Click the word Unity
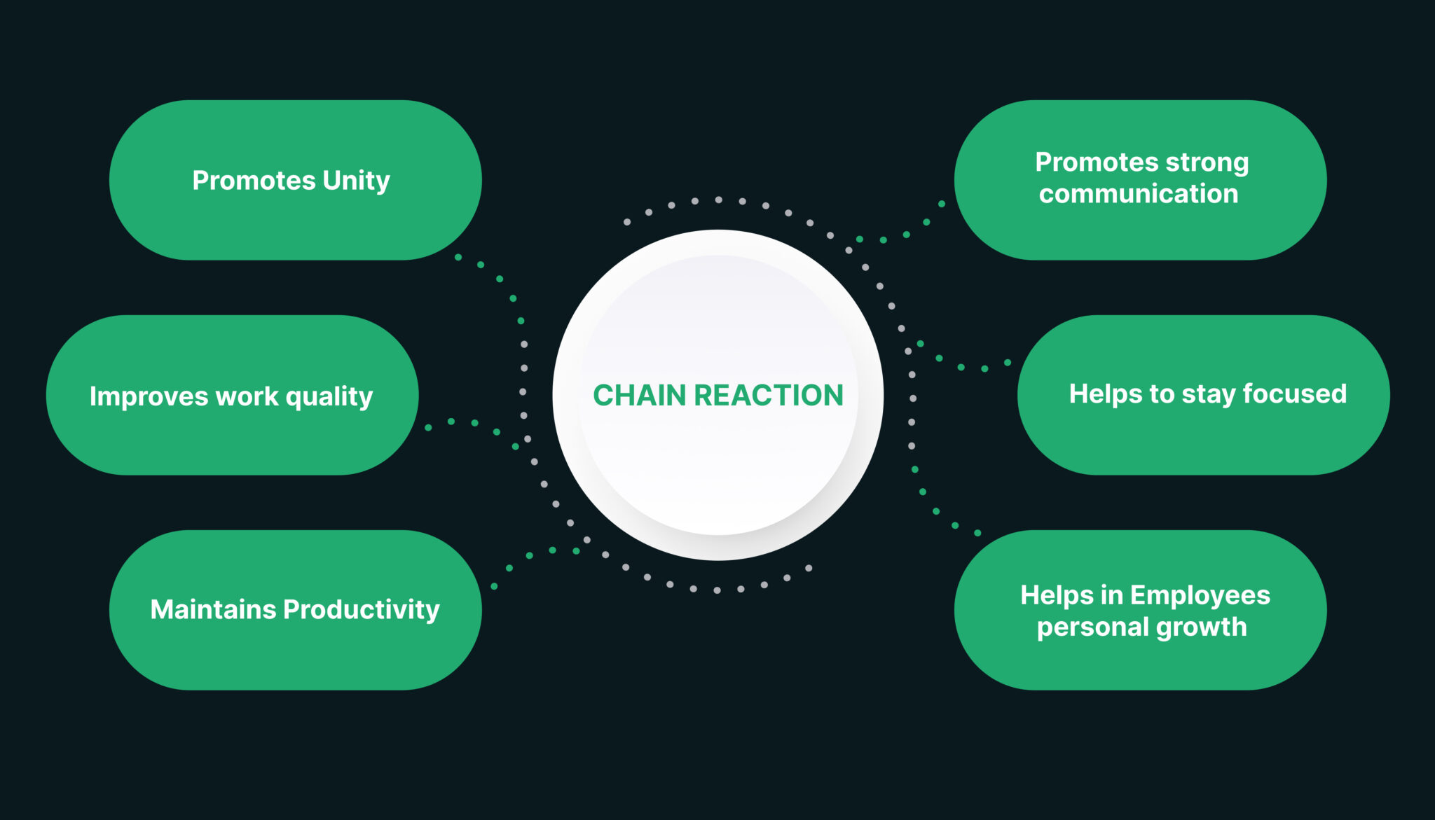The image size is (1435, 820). coord(356,181)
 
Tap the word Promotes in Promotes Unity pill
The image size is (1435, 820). coord(254,181)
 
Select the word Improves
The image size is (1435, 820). coord(149,396)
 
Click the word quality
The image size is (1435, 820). coord(329,397)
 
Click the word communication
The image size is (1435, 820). coord(1139,194)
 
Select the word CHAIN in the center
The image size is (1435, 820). coord(639,396)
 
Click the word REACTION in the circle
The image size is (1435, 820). coord(769,396)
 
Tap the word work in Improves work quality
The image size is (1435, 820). coord(247,396)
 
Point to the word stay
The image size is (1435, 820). coord(1209,394)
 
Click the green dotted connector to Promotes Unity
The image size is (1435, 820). coord(500,279)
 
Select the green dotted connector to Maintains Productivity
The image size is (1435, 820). coord(530,555)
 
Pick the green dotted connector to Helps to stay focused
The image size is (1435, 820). coord(961,367)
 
